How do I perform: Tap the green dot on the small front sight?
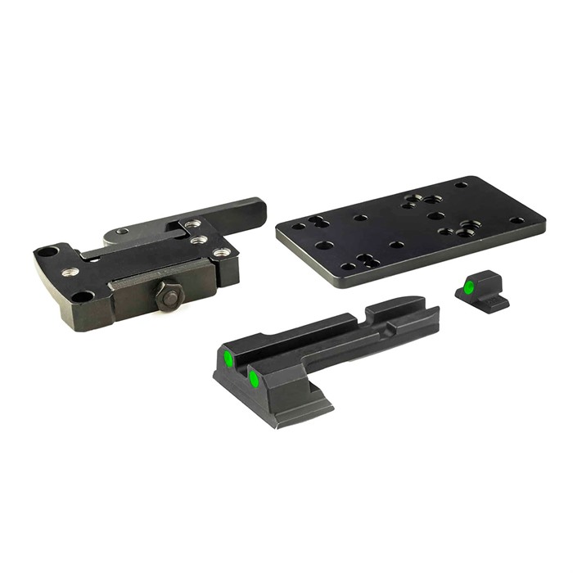coord(468,287)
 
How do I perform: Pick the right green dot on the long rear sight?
coord(255,380)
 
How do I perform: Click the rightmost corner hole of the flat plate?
coord(517,219)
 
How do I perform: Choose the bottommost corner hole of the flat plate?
coord(349,266)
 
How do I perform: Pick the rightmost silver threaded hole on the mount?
coord(221,253)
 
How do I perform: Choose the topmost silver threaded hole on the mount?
coord(191,223)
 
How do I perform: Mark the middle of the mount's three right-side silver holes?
coord(196,241)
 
